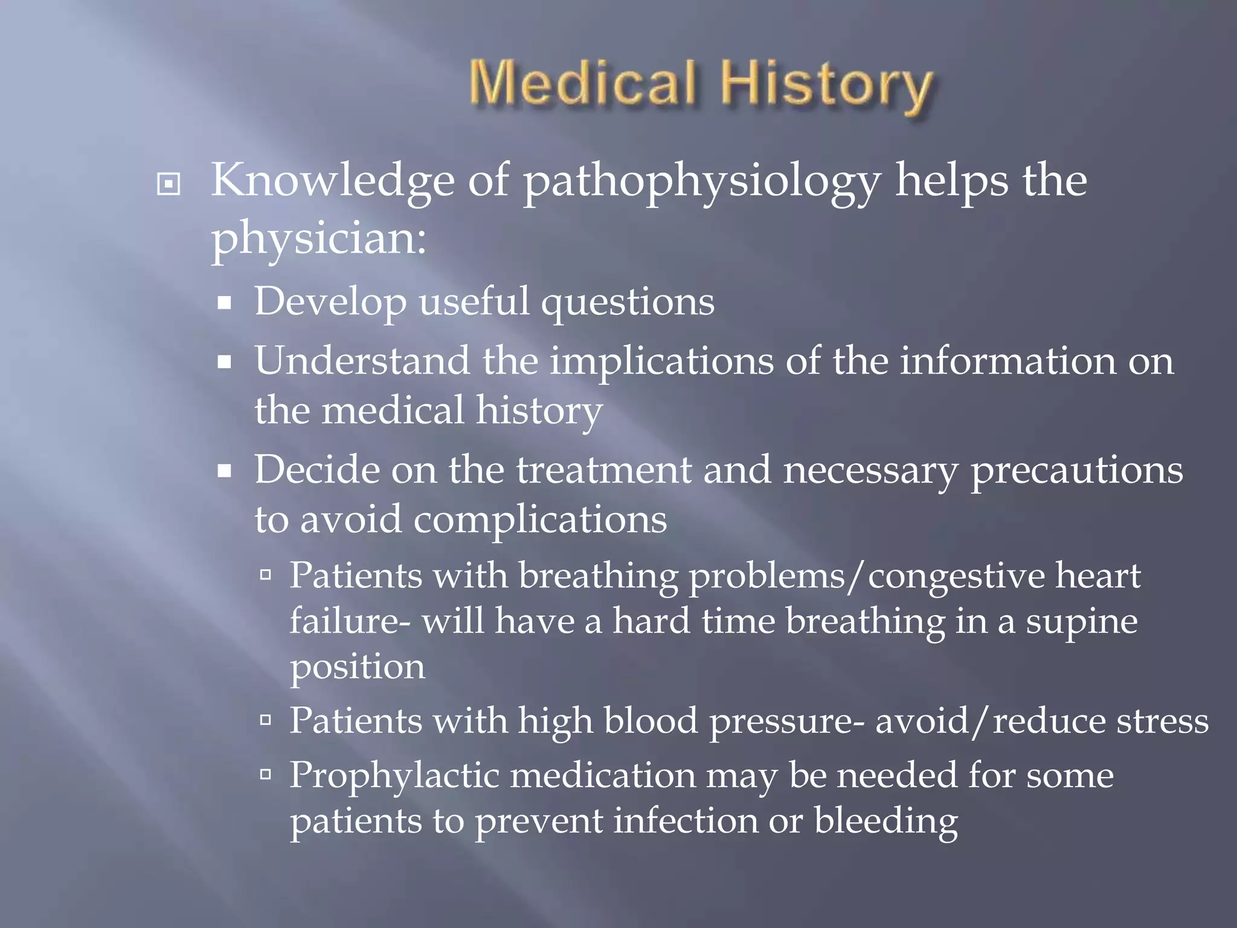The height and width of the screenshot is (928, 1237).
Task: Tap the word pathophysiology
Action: (701, 181)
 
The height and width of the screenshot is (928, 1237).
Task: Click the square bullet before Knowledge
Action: (168, 184)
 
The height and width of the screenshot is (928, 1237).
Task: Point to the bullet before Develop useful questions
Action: (225, 303)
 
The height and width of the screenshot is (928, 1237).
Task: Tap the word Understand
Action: (362, 361)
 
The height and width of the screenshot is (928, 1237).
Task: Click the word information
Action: (1007, 361)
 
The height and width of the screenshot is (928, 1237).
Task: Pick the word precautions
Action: (1076, 471)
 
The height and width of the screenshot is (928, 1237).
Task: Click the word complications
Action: (539, 520)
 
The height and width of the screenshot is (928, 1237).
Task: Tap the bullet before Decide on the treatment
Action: (225, 471)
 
